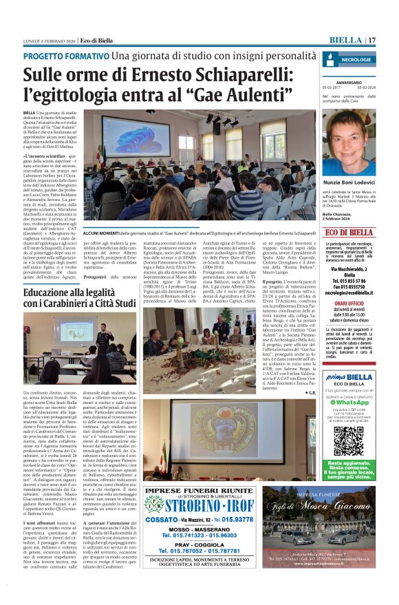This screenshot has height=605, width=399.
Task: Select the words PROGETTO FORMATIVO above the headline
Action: coord(66,56)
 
